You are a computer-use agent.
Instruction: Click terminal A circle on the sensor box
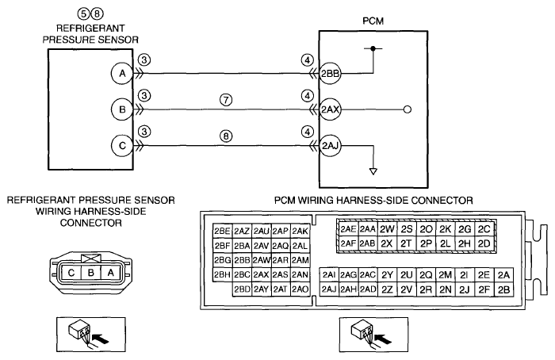[x=122, y=73]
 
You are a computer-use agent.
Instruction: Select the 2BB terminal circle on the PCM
[x=331, y=74]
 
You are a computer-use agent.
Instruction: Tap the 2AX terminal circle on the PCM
[x=331, y=109]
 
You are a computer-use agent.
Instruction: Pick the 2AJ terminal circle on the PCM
[x=331, y=145]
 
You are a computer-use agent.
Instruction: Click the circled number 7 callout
[x=226, y=100]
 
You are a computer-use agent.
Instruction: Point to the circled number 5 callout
[x=83, y=13]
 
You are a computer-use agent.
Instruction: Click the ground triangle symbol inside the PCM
[x=373, y=171]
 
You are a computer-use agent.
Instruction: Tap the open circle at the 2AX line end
[x=408, y=109]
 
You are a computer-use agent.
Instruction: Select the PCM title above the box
[x=373, y=21]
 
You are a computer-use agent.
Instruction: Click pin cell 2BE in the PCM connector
[x=222, y=232]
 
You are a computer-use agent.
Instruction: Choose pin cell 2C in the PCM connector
[x=484, y=229]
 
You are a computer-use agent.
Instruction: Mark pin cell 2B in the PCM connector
[x=503, y=289]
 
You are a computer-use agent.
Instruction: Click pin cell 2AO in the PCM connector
[x=300, y=289]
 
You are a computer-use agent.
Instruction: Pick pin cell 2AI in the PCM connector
[x=329, y=274]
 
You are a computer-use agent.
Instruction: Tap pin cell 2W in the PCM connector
[x=387, y=229]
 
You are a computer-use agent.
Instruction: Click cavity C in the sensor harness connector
[x=71, y=273]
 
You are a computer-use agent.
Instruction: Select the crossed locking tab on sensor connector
[x=91, y=258]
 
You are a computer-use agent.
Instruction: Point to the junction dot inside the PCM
[x=373, y=48]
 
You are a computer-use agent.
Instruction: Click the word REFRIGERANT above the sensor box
[x=90, y=28]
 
